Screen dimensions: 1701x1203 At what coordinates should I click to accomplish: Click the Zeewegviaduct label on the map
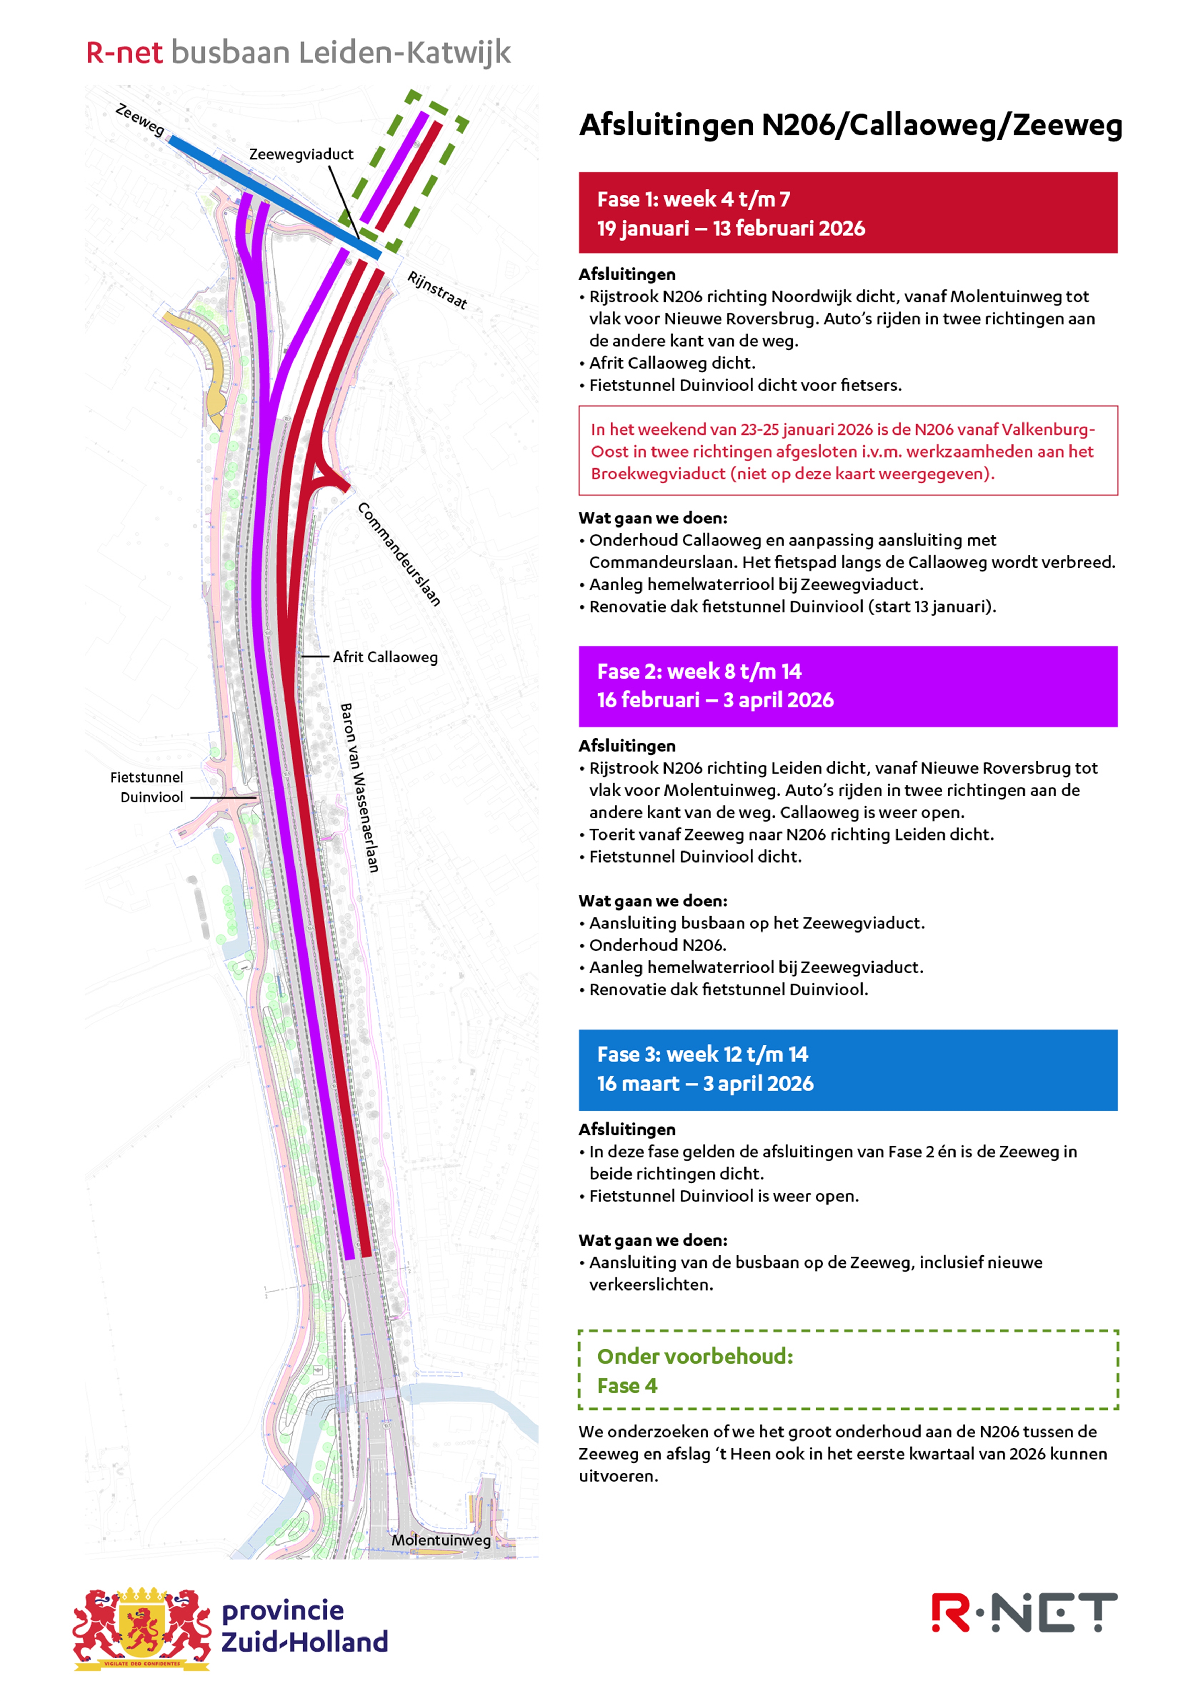[301, 154]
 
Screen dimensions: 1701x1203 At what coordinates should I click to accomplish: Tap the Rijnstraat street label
[437, 290]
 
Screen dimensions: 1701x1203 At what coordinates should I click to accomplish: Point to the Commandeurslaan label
[399, 554]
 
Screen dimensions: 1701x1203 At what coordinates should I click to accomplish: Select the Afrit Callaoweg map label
[384, 657]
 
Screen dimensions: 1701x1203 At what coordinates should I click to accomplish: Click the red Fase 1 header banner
[847, 213]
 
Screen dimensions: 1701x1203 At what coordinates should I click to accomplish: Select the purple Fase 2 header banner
[847, 686]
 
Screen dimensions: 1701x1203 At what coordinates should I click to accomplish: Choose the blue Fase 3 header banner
[847, 1069]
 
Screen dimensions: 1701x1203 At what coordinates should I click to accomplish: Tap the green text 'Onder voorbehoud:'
[695, 1356]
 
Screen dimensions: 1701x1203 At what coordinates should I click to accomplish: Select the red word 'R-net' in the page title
[125, 53]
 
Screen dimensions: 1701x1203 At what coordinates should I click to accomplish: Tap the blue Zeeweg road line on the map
[274, 196]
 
